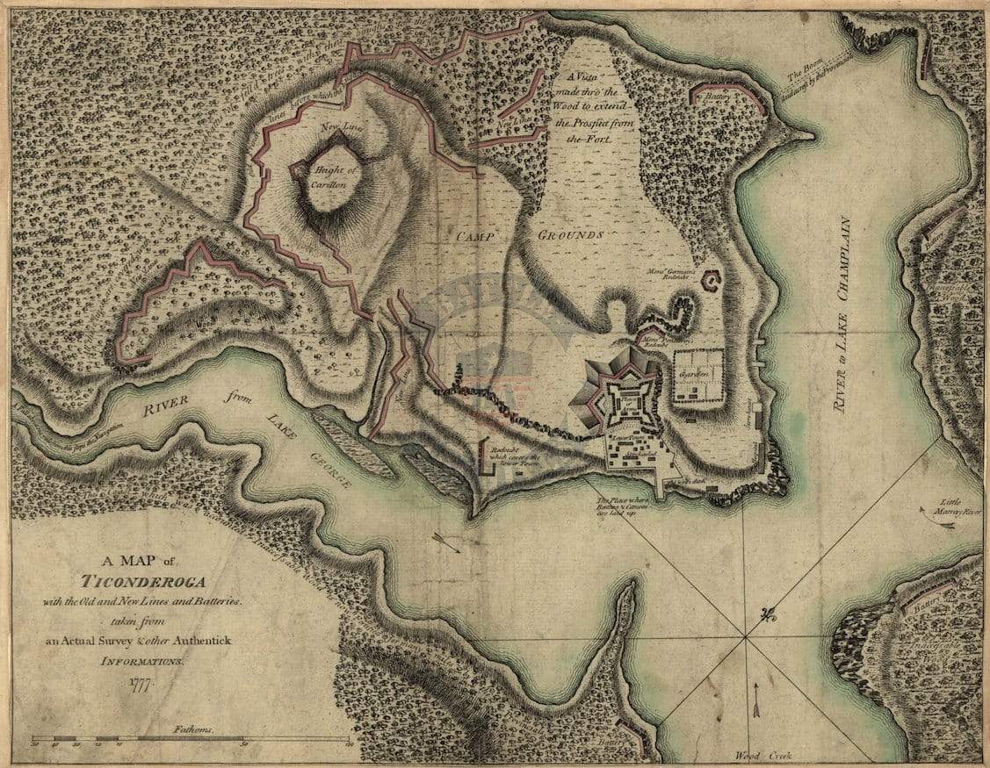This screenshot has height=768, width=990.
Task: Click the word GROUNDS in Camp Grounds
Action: pos(571,235)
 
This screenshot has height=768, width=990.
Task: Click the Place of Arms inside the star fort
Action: pos(627,399)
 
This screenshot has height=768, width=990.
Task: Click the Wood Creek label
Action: pos(757,756)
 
